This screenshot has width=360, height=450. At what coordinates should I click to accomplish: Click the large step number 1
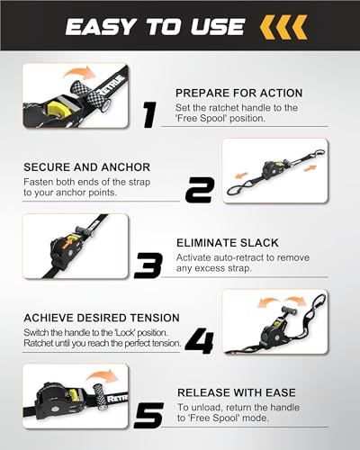click(x=149, y=115)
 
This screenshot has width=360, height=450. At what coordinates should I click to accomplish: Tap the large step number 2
click(x=200, y=190)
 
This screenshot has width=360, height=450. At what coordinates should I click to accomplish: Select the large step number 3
click(x=148, y=265)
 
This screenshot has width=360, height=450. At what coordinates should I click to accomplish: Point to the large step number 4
click(x=199, y=340)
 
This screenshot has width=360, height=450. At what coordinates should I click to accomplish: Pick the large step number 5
click(x=148, y=416)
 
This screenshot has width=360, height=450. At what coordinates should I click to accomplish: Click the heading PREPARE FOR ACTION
click(x=238, y=93)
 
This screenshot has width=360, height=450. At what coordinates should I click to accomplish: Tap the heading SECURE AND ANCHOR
click(x=87, y=167)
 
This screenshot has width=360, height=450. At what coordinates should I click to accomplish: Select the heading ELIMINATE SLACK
click(x=228, y=243)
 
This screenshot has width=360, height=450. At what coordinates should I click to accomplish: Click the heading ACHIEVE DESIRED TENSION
click(x=102, y=318)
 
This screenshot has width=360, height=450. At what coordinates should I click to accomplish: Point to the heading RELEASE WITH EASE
click(x=237, y=392)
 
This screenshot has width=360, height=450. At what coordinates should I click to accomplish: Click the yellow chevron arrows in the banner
click(x=283, y=27)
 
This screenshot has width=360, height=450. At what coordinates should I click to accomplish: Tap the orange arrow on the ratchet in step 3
click(x=69, y=241)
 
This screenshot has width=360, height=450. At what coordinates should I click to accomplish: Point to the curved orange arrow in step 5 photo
click(x=103, y=375)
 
